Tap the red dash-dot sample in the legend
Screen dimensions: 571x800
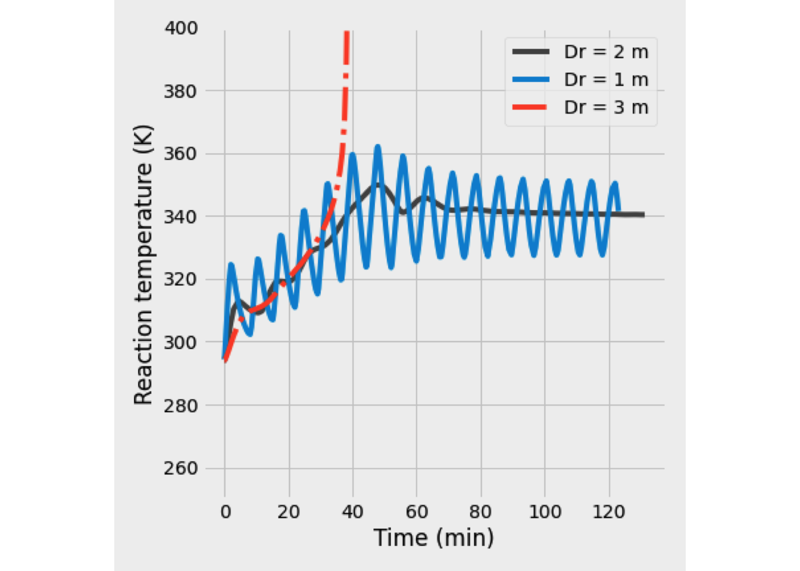(530, 108)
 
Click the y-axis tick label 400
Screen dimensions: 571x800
(181, 28)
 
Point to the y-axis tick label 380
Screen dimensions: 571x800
(181, 91)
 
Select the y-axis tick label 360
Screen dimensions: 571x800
(181, 154)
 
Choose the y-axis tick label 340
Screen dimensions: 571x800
(181, 217)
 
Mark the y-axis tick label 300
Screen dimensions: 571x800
(181, 343)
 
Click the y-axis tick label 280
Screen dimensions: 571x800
(181, 406)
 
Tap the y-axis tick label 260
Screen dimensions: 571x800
(181, 469)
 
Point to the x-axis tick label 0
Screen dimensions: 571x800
(226, 512)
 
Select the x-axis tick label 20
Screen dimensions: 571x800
(289, 512)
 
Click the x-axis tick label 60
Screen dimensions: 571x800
(417, 512)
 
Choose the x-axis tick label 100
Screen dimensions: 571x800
(545, 512)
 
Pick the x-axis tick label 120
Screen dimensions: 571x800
(609, 512)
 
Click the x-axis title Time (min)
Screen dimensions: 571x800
(434, 538)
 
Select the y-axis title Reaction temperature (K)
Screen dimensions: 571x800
(143, 265)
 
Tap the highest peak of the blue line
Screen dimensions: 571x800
(377, 146)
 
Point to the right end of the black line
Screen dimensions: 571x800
(643, 215)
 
